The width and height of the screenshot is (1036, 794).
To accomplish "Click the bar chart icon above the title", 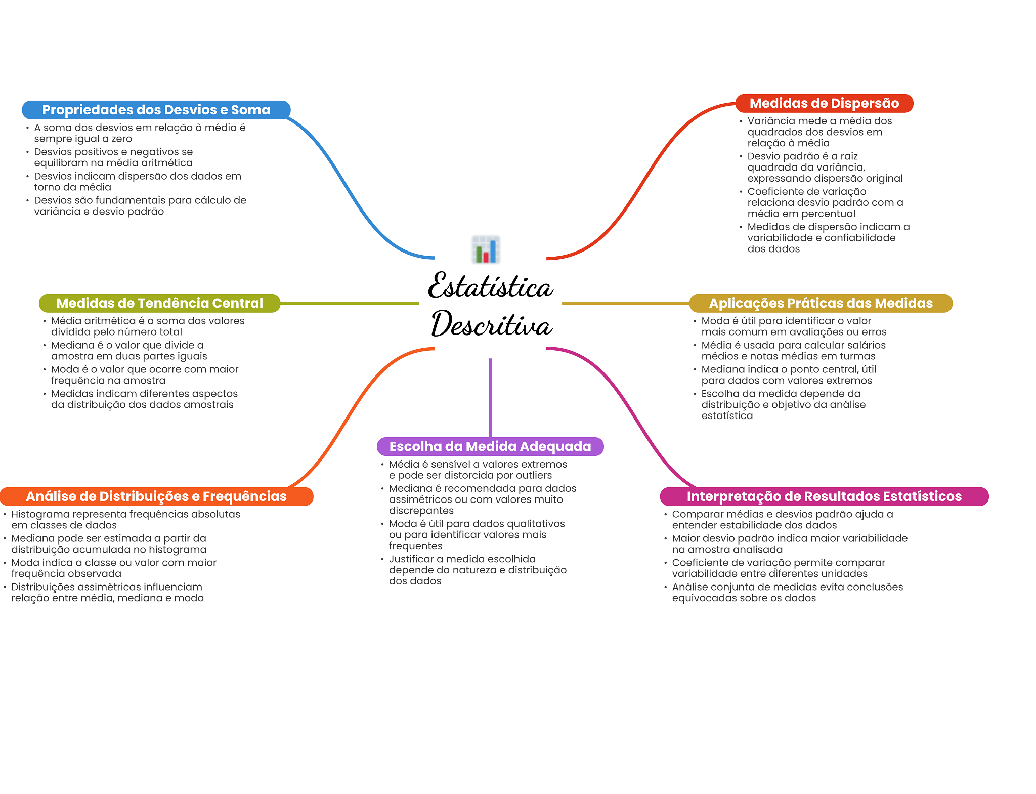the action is click(x=486, y=249).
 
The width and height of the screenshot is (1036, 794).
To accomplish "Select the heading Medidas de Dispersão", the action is click(x=824, y=103).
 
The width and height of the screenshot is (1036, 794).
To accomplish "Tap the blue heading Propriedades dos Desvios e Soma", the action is click(x=156, y=110).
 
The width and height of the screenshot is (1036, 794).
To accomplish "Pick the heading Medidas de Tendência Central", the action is click(x=159, y=303).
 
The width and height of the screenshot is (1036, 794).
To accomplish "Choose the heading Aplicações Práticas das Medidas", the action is click(x=821, y=303).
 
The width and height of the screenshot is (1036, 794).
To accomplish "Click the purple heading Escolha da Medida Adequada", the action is click(x=490, y=446).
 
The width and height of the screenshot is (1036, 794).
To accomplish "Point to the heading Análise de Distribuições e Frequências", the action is click(x=156, y=496).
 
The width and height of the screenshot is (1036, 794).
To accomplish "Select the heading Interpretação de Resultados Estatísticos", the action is click(x=824, y=496).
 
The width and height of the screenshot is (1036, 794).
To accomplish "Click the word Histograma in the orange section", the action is click(x=40, y=514).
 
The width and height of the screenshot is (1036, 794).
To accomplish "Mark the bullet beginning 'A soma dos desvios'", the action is click(x=140, y=133).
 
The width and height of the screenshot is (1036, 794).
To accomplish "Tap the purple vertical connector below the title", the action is click(x=490, y=397).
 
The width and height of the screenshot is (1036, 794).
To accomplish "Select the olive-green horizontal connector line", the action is click(x=349, y=303).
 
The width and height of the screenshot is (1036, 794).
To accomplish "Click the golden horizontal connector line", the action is click(x=625, y=303).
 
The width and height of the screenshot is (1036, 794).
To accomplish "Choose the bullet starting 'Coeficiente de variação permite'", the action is click(x=778, y=568).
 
